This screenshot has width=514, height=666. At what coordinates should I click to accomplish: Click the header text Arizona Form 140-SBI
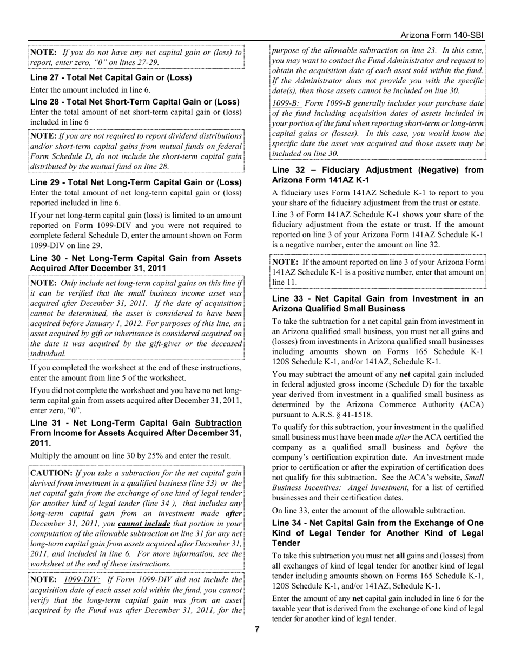click(x=442, y=35)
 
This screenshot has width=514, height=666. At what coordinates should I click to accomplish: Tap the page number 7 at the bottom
click(x=257, y=629)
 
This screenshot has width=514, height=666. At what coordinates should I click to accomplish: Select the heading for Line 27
click(x=111, y=77)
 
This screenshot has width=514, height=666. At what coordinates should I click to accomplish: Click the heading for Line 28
click(x=135, y=102)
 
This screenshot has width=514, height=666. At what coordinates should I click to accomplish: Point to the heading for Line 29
click(x=136, y=182)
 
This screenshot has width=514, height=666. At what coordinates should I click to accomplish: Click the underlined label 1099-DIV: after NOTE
click(x=82, y=579)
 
